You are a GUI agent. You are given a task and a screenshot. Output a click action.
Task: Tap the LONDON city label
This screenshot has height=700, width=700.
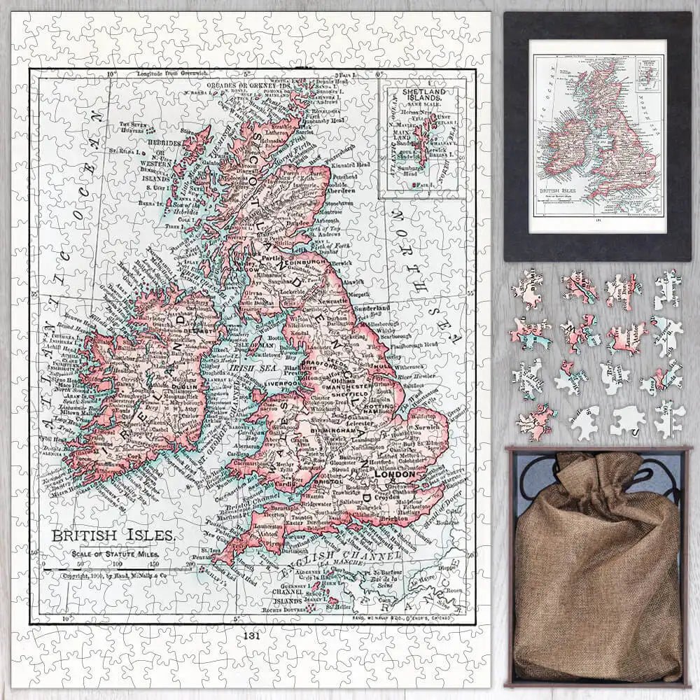coord(396,474)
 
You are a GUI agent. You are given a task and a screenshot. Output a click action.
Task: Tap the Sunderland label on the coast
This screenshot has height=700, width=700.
coord(372,308)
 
